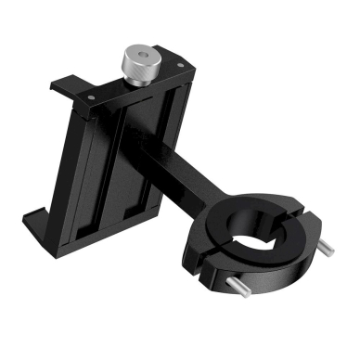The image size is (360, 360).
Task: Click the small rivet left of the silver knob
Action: (x=93, y=93)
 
